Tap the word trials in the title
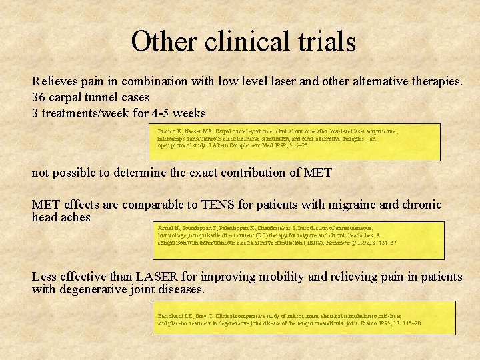[x=325, y=41]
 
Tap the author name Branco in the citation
[x=168, y=131]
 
